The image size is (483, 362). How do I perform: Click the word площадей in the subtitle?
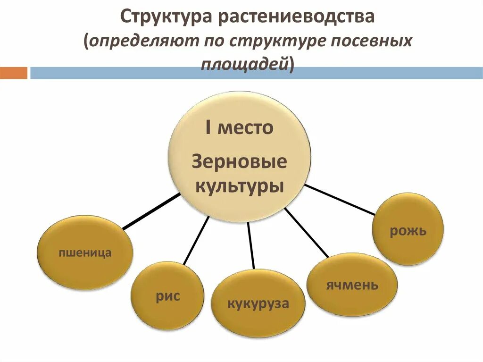pyautogui.click(x=245, y=65)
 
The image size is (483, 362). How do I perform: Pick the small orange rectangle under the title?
pyautogui.click(x=14, y=73)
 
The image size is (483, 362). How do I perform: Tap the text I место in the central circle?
pyautogui.click(x=239, y=128)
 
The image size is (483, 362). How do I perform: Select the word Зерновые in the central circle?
pyautogui.click(x=239, y=162)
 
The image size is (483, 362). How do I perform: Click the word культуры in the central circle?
pyautogui.click(x=239, y=185)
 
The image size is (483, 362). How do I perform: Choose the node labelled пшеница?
pyautogui.click(x=85, y=253)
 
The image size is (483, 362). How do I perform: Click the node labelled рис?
pyautogui.click(x=167, y=296)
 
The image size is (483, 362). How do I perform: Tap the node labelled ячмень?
pyautogui.click(x=352, y=285)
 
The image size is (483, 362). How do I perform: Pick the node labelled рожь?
pyautogui.click(x=408, y=231)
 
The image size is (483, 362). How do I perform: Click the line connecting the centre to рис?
pyautogui.click(x=196, y=240)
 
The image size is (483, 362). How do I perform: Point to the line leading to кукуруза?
pyautogui.click(x=251, y=245)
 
